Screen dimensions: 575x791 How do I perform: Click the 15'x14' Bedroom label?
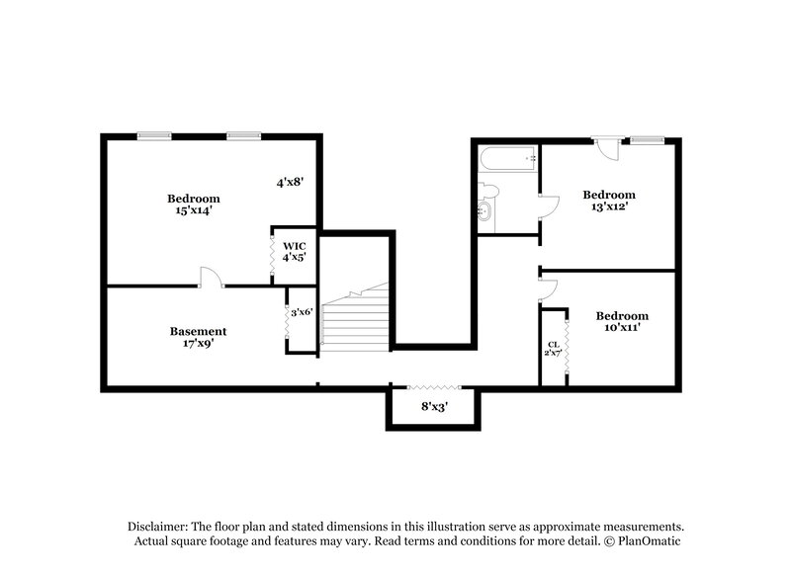click(193, 205)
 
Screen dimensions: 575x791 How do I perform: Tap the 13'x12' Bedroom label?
click(608, 201)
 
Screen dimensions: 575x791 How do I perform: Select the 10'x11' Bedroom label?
click(622, 321)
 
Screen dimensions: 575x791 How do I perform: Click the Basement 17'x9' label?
click(198, 338)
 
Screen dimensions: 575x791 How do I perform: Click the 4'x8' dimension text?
click(289, 182)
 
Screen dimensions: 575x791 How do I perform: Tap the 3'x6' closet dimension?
click(301, 312)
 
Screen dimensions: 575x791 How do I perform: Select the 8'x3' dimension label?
click(433, 406)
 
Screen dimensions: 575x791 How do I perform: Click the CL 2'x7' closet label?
click(553, 349)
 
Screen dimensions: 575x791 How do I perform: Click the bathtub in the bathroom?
click(506, 158)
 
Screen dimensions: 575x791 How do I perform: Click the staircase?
click(356, 317)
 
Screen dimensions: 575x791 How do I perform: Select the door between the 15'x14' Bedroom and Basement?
click(211, 278)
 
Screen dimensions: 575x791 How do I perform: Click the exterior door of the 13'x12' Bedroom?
click(605, 150)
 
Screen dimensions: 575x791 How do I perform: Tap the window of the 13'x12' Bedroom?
click(648, 139)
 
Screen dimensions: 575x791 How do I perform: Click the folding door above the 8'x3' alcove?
click(433, 386)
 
